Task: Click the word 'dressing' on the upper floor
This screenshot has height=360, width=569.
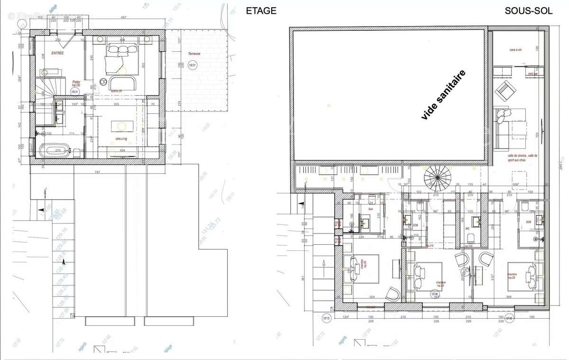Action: pos(121,138)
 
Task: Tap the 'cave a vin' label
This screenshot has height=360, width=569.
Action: pos(516,49)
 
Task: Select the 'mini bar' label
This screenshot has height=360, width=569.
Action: pos(532,74)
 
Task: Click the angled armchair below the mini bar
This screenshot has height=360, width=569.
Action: pos(507,90)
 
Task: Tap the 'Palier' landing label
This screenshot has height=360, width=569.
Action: pos(76,82)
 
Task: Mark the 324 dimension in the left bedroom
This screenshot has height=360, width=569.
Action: pos(372,296)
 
